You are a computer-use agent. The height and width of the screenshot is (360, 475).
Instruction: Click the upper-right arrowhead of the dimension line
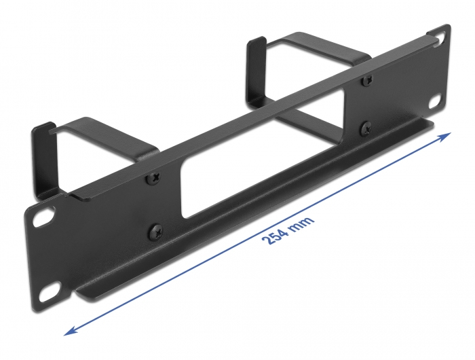(444, 136)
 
